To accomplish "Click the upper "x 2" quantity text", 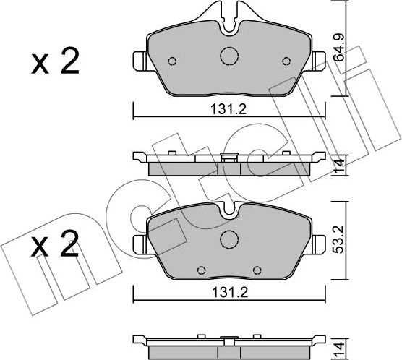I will [55, 64].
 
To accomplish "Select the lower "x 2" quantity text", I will [55, 248].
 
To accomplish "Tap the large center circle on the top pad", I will [229, 56].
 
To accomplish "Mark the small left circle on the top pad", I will [172, 61].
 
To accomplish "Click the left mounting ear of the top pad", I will [140, 61].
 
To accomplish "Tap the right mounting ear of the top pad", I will [319, 61].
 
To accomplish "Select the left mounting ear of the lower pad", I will [140, 241].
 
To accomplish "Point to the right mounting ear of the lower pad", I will [319, 241].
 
